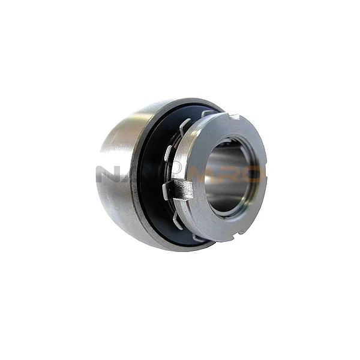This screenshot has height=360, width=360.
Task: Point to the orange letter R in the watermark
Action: tap(231, 174)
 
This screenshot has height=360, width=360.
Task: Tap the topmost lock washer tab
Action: tap(208, 113)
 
